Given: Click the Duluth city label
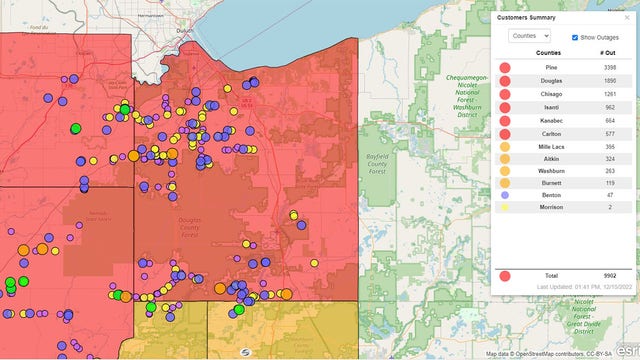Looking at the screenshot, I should pos(181,32).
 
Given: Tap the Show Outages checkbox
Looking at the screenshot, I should pos(574,37).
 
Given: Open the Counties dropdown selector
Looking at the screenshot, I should pos(529,36).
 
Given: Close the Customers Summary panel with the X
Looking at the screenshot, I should pos(625,17).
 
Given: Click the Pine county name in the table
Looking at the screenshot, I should pos(548,66).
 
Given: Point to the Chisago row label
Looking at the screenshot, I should pos(548,94).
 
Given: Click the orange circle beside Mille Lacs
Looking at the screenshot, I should pos(505,147).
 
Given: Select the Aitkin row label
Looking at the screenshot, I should pos(548,159).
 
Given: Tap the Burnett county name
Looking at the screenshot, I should pos(548,183).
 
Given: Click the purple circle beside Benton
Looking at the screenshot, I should pos(505,195).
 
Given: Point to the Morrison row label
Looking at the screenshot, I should pos(548,207).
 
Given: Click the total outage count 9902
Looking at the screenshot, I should pos(608,275).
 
